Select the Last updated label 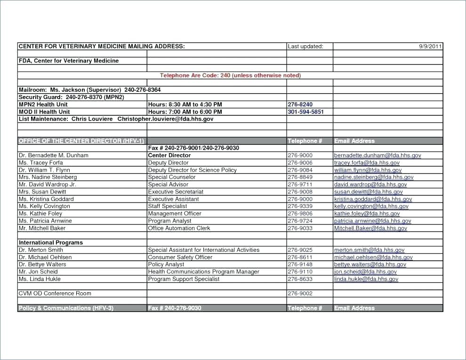(305, 47)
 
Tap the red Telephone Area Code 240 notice (230, 75)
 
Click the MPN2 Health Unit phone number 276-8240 (300, 104)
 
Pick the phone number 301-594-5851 (305, 112)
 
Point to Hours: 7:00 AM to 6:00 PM (185, 112)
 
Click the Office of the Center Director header (81, 141)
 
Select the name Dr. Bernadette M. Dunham (53, 155)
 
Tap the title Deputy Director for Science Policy (192, 170)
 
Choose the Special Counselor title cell (171, 177)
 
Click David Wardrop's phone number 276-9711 (300, 185)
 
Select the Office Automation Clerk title (179, 228)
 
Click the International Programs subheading (50, 243)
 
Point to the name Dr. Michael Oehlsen (45, 257)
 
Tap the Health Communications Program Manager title (203, 272)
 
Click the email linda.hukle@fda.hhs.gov (366, 279)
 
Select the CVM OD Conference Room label (55, 294)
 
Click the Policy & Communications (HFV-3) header (66, 308)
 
